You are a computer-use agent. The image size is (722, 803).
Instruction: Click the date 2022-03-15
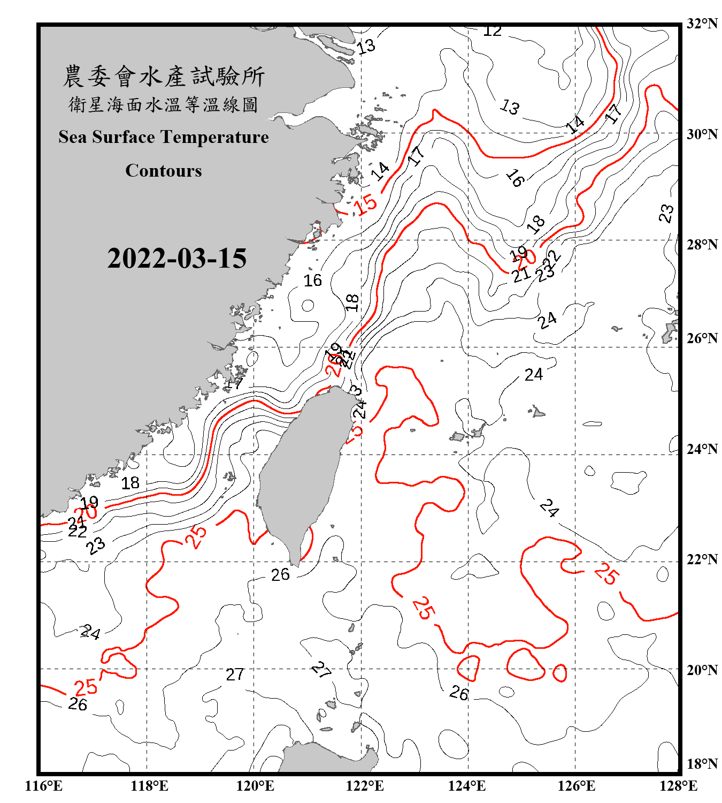click(176, 259)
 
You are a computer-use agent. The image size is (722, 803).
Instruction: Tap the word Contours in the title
click(164, 171)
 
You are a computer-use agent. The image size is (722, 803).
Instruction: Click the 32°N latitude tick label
click(702, 24)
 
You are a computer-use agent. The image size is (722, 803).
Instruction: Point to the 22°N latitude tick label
click(702, 559)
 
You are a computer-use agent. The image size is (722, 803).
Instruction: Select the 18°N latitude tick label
click(702, 764)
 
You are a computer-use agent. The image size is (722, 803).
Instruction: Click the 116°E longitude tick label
click(44, 786)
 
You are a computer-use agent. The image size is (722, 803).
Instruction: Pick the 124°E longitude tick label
click(467, 786)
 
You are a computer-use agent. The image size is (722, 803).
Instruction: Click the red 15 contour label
click(367, 204)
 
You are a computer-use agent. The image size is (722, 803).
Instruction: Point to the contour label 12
click(492, 31)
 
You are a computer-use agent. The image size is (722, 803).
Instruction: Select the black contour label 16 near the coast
click(313, 281)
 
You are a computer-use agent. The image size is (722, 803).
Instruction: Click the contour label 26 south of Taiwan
click(280, 575)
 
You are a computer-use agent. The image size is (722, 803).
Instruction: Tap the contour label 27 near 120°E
click(235, 675)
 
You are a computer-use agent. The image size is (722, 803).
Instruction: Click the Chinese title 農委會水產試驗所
click(164, 76)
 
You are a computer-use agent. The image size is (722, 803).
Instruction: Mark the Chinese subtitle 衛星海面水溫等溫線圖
click(164, 104)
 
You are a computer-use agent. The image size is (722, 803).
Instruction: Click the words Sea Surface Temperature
click(164, 137)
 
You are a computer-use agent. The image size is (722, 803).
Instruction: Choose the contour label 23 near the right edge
click(666, 213)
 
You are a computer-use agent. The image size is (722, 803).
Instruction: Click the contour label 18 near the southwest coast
click(130, 483)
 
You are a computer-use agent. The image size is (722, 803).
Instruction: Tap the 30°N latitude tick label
click(702, 134)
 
